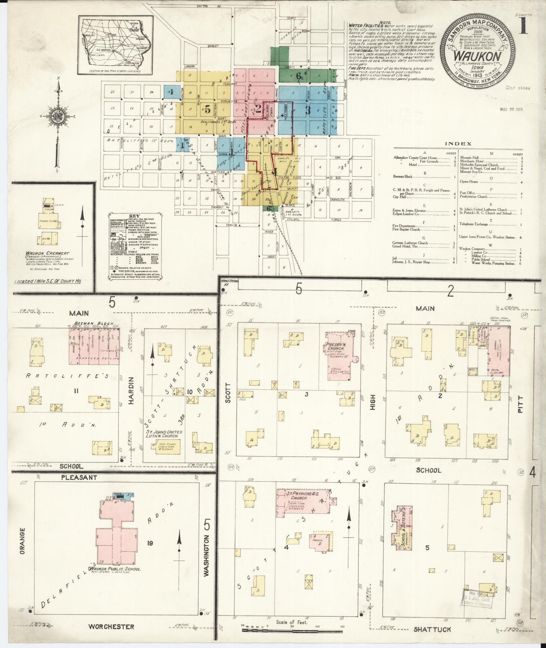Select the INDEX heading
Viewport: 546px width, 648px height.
[x=458, y=144]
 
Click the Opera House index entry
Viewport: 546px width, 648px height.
[x=468, y=182]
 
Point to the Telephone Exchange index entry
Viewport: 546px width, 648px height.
[x=474, y=224]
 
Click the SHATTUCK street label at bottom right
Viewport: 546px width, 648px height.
[x=432, y=629]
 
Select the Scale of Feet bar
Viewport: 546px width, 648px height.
[x=292, y=631]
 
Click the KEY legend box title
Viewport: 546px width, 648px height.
[x=134, y=215]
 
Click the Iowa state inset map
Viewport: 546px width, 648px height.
[x=115, y=43]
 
